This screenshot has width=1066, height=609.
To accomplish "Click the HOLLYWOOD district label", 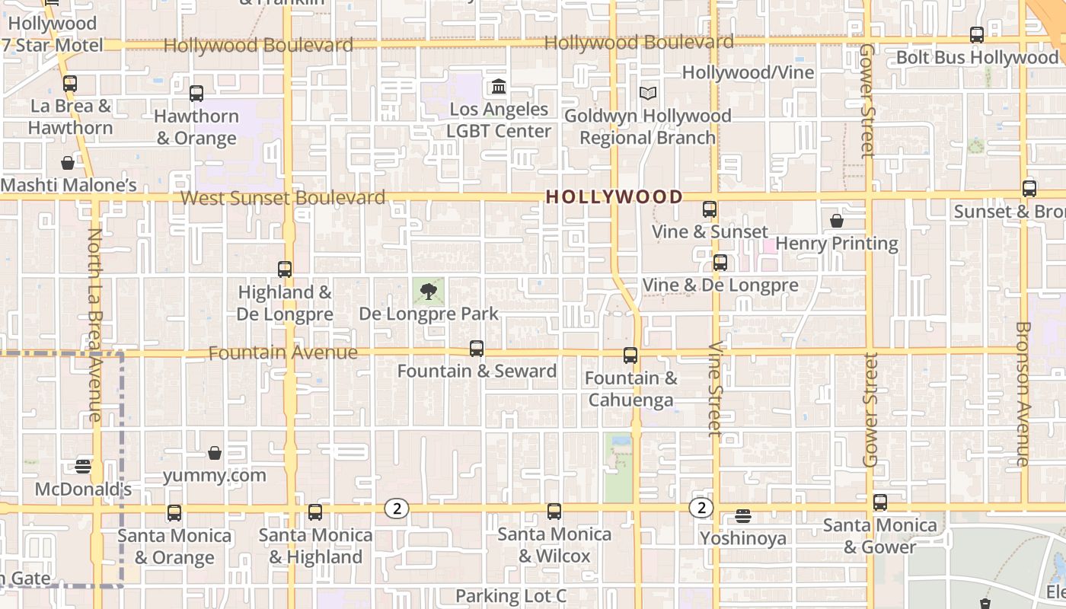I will (x=614, y=196).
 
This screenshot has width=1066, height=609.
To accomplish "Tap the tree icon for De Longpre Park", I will (x=429, y=291).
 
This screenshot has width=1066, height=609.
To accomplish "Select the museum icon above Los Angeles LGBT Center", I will (x=499, y=86).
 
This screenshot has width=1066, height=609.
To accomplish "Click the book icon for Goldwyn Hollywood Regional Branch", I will (x=647, y=93).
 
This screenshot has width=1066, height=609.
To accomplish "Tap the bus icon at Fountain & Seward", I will (x=477, y=349).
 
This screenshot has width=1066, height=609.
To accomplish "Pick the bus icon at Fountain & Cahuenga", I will (x=630, y=356).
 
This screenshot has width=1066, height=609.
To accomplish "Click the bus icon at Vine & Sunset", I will (x=710, y=209).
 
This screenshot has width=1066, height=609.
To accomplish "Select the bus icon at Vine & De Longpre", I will (x=720, y=263).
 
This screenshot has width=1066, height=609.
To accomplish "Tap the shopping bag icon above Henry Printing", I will (x=837, y=221).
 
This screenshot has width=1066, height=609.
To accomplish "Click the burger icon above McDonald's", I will (x=84, y=466).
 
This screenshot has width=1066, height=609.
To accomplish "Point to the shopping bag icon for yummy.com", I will (x=215, y=453).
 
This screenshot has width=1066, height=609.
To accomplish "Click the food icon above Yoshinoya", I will (x=743, y=516).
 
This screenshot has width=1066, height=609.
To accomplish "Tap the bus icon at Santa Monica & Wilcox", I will (x=554, y=512).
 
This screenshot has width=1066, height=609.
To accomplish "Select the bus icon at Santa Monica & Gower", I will (x=880, y=502).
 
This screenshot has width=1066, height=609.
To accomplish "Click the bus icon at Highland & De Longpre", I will (x=285, y=269).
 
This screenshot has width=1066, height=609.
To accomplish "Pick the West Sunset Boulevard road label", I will (x=282, y=198).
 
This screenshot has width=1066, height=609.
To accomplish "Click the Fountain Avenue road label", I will (x=282, y=352).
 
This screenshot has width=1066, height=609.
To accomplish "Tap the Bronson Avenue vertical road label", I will (x=1022, y=394).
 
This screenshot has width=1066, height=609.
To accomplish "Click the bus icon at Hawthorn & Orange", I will (x=196, y=94).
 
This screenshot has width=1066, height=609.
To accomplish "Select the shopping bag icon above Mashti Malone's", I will (x=68, y=163).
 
